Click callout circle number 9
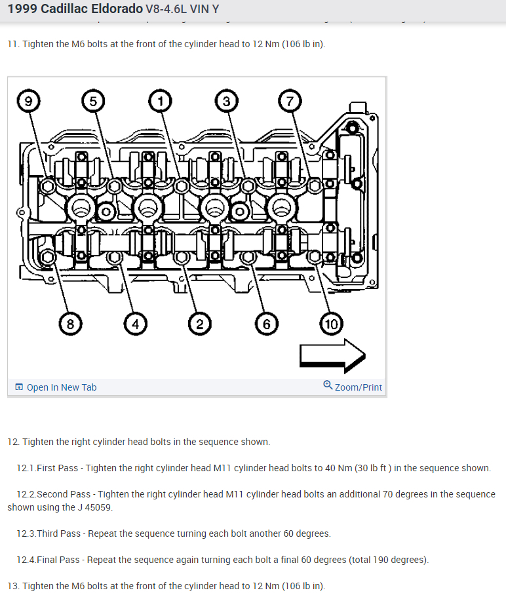pyautogui.click(x=27, y=101)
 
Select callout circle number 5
pyautogui.click(x=94, y=101)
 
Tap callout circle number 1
pyautogui.click(x=159, y=101)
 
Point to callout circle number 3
pyautogui.click(x=226, y=101)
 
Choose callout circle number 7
pyautogui.click(x=290, y=101)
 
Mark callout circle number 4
pyautogui.click(x=135, y=323)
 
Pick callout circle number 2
pyautogui.click(x=199, y=323)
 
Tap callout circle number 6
pyautogui.click(x=266, y=323)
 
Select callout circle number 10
pyautogui.click(x=331, y=323)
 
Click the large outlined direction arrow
pyautogui.click(x=332, y=357)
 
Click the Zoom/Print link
pyautogui.click(x=358, y=387)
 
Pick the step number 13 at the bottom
pyautogui.click(x=12, y=586)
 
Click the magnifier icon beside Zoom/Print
pyautogui.click(x=328, y=386)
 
